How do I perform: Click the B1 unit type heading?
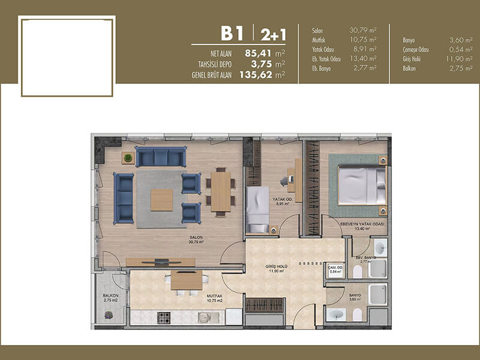232,33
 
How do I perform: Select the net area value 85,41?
259,53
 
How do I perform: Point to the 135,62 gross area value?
256,74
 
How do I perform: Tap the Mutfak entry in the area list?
319,40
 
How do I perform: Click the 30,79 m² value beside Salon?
363,30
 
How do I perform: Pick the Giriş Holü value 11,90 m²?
459,58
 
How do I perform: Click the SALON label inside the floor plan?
196,237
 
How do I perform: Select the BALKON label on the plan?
110,295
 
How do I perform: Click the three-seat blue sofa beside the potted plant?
161,157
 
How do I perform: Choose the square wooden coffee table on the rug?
161,200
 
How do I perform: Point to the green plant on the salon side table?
128,158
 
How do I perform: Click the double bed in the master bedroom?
362,185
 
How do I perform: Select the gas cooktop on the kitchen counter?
164,318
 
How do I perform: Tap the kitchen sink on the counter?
204,317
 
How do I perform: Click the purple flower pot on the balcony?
109,314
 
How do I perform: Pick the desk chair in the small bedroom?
284,181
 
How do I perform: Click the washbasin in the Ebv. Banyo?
380,248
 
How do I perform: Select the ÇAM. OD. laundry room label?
335,268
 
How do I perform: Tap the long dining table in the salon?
221,191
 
